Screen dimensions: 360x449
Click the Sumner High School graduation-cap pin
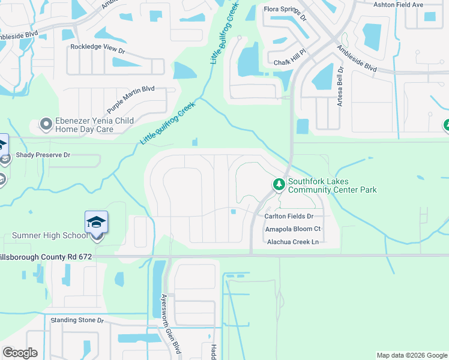click(96, 222)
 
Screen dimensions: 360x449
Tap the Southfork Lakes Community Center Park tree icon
click(279, 184)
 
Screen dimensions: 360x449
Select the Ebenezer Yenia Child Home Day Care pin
click(46, 125)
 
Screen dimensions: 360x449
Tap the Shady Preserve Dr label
click(43, 155)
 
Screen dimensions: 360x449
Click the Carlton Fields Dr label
click(289, 216)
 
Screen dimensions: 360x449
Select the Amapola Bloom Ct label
click(293, 229)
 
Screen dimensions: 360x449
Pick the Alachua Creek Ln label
click(292, 242)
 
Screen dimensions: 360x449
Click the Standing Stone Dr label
click(77, 320)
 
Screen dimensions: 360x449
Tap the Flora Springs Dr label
click(286, 13)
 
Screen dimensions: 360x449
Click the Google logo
click(20, 353)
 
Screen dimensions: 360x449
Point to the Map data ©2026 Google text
click(411, 355)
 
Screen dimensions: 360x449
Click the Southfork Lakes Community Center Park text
click(332, 185)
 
